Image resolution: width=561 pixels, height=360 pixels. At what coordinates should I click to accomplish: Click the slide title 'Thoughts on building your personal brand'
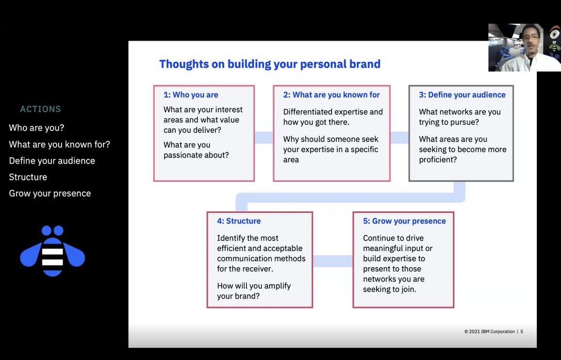click(270, 64)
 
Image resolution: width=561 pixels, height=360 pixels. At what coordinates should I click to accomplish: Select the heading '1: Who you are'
click(191, 95)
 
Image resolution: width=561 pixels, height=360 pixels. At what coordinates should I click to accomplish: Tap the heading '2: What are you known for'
click(331, 95)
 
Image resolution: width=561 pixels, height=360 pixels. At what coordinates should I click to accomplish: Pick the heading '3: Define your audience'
click(462, 95)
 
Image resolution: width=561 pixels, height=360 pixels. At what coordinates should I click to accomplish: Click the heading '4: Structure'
click(239, 221)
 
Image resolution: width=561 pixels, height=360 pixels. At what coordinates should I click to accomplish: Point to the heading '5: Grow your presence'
click(404, 221)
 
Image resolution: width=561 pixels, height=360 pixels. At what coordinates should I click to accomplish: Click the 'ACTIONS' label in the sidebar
click(40, 109)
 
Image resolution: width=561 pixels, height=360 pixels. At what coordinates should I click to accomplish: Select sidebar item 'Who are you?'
click(36, 128)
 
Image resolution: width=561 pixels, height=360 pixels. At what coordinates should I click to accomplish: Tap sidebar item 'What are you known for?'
click(60, 144)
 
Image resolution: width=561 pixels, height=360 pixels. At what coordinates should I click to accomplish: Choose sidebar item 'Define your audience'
click(52, 161)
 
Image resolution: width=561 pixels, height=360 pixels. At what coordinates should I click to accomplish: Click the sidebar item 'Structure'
click(28, 177)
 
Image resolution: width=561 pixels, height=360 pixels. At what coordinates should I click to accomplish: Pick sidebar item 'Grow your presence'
click(50, 194)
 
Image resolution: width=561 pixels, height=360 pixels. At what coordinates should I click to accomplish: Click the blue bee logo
click(52, 251)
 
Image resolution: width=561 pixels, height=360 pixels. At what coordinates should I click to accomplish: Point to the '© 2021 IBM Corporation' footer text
click(489, 331)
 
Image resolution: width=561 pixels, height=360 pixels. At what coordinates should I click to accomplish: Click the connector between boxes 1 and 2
click(264, 138)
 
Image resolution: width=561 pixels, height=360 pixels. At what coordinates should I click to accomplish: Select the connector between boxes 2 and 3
click(399, 138)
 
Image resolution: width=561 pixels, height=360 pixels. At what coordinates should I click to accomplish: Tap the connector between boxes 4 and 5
click(333, 261)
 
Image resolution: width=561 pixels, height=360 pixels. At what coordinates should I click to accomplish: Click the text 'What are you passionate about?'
click(196, 150)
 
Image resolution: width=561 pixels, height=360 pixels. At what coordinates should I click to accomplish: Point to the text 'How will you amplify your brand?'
click(254, 291)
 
